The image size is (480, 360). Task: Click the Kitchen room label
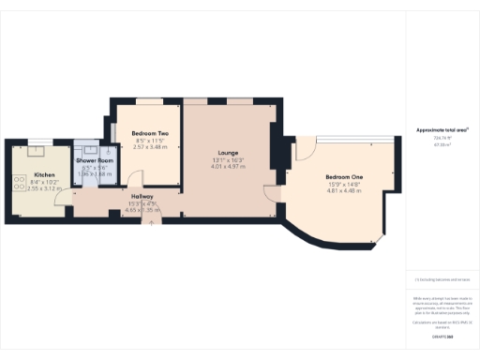(x=45, y=175)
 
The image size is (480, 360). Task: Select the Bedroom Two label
(x=149, y=134)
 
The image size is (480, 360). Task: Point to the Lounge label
(x=228, y=153)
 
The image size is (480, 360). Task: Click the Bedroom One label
(x=344, y=177)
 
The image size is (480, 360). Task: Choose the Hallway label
(x=142, y=196)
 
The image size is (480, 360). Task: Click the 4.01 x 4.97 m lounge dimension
(x=228, y=167)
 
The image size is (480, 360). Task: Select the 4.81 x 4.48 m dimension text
(x=344, y=191)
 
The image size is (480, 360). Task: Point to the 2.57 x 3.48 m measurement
(x=149, y=147)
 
